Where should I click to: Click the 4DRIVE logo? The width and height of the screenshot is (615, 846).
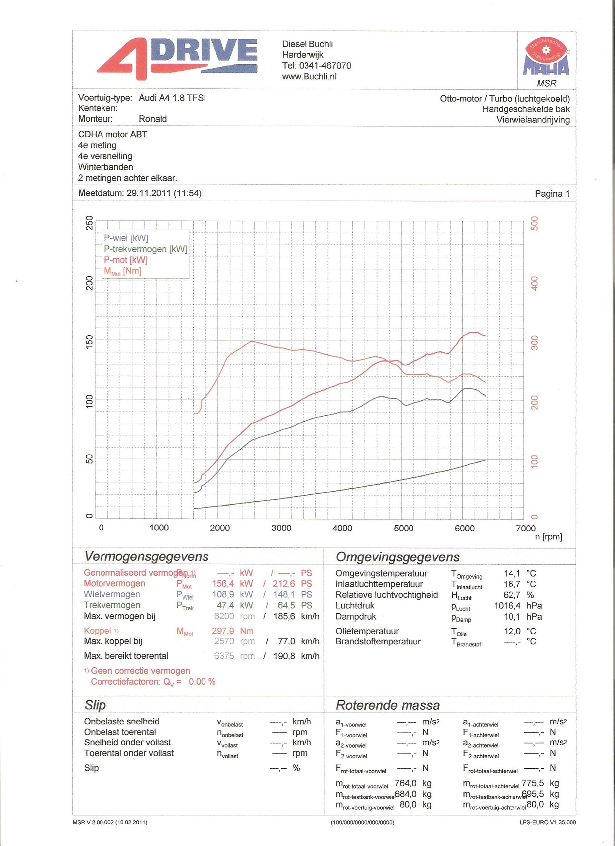pyautogui.click(x=177, y=58)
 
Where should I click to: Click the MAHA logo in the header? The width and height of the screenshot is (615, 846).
pyautogui.click(x=546, y=57)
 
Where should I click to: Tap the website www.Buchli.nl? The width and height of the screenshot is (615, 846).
pyautogui.click(x=309, y=76)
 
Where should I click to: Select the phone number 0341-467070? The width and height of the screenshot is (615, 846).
pyautogui.click(x=325, y=66)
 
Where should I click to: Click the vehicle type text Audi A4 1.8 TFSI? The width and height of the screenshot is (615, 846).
pyautogui.click(x=172, y=98)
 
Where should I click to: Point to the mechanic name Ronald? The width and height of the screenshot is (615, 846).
pyautogui.click(x=153, y=119)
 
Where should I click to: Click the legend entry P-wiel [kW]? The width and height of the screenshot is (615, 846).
pyautogui.click(x=126, y=238)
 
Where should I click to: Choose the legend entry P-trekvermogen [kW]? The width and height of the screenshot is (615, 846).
pyautogui.click(x=145, y=249)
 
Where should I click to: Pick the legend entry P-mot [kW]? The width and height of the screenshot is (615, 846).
pyautogui.click(x=126, y=260)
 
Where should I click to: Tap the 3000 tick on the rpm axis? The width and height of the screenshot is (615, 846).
pyautogui.click(x=281, y=528)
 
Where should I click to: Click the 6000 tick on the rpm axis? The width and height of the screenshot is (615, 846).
pyautogui.click(x=465, y=528)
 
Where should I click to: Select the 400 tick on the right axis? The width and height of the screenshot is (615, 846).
pyautogui.click(x=535, y=284)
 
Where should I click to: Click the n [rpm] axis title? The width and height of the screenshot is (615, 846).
pyautogui.click(x=548, y=537)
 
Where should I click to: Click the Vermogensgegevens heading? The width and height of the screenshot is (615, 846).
pyautogui.click(x=146, y=556)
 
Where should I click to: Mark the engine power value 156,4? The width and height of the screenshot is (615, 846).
pyautogui.click(x=223, y=584)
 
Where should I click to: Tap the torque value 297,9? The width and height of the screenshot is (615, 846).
pyautogui.click(x=223, y=631)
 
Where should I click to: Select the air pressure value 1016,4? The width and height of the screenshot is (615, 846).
pyautogui.click(x=507, y=606)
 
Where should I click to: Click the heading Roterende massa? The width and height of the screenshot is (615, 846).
pyautogui.click(x=388, y=705)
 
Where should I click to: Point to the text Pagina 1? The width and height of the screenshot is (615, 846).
pyautogui.click(x=552, y=194)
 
